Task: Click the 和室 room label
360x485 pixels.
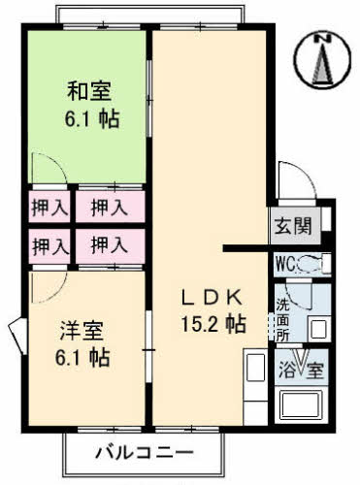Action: pos(88,92)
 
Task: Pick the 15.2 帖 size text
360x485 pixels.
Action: pos(211,322)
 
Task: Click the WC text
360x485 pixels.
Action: pos(284,262)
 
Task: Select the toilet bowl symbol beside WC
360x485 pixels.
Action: pos(312,262)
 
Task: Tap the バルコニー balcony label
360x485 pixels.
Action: pos(145,452)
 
